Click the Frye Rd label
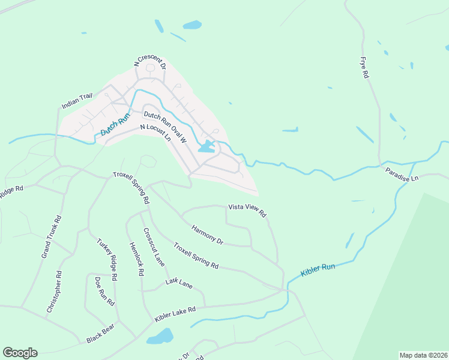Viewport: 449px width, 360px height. pos(364,68)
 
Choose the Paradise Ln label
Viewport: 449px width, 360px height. pos(402,176)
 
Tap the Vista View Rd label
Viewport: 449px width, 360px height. pos(247,209)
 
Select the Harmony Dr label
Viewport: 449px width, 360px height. pos(207,235)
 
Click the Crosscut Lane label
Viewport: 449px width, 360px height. pos(154,247)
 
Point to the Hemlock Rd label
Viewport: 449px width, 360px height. pos(137,259)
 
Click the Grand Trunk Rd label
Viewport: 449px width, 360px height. pos(51,237)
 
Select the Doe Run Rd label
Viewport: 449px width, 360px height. pos(104,291)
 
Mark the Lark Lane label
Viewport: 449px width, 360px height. pos(179,283)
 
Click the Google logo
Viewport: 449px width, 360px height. pos(20,353)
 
